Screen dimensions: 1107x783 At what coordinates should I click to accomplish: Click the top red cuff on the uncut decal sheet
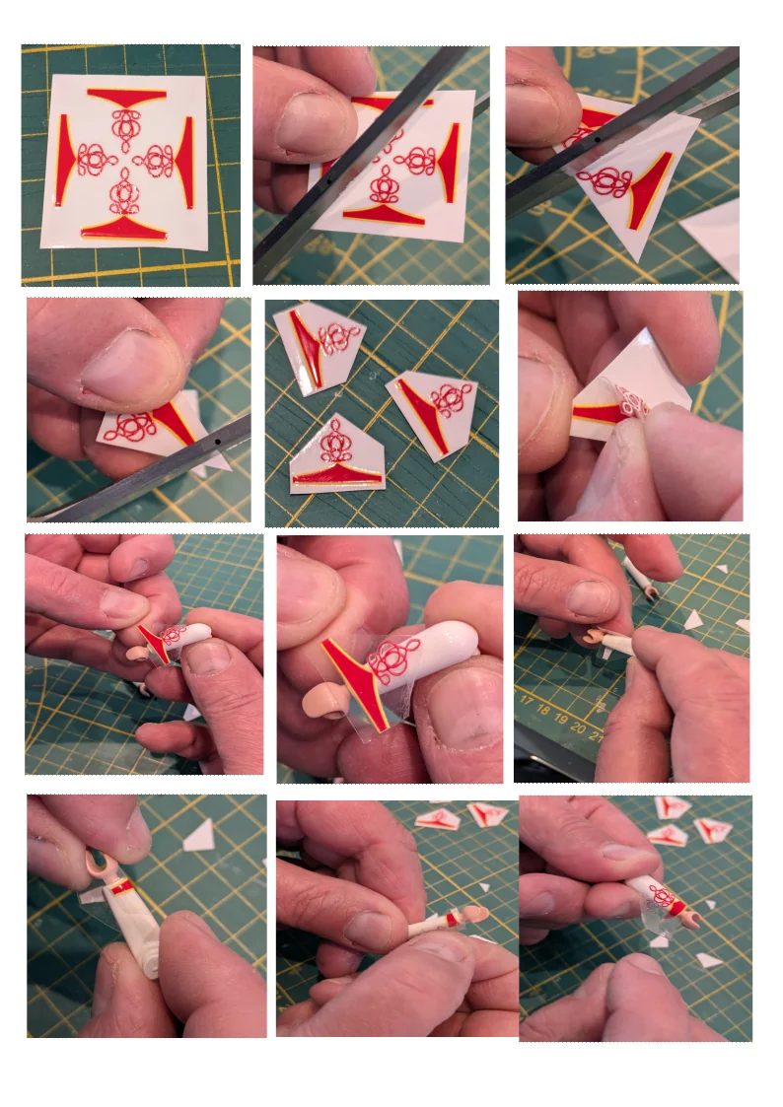[125, 97]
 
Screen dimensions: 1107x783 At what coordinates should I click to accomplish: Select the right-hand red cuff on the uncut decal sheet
[186, 150]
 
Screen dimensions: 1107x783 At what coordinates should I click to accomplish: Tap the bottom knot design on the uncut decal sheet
[123, 193]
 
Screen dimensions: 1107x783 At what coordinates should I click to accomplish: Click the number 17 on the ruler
[527, 704]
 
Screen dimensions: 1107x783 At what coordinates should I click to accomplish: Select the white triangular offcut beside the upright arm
[200, 836]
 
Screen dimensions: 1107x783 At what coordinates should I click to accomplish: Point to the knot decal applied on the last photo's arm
[662, 896]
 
